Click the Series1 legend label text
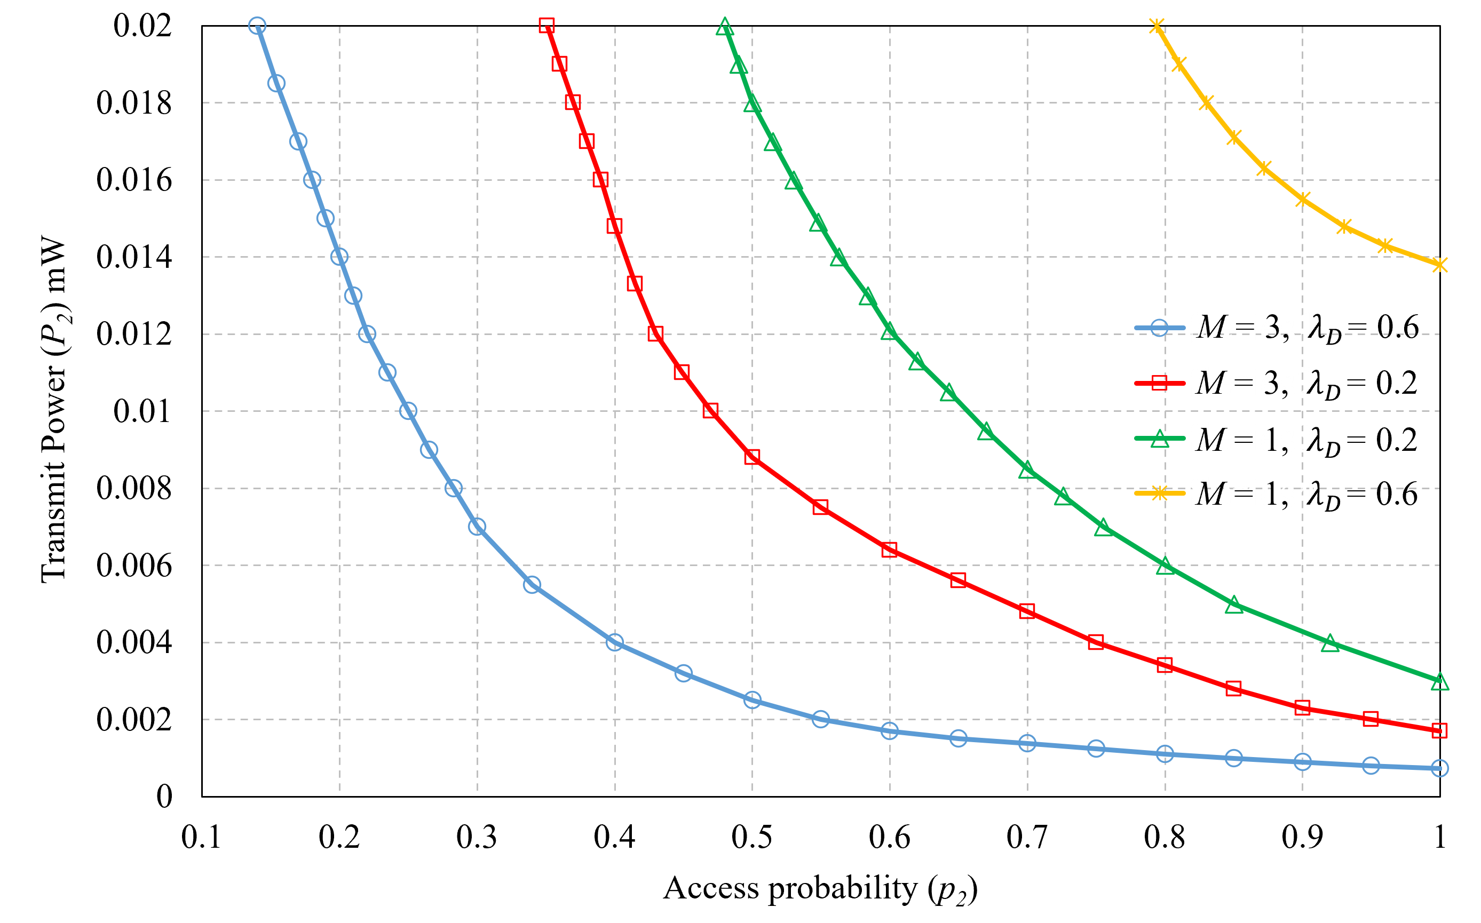1251,329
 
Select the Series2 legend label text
1252,384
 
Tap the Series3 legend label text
1252,439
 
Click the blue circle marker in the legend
1159,329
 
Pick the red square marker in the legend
1159,384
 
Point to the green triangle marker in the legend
1159,439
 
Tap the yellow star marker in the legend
1159,492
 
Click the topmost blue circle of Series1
257,26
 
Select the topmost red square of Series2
547,26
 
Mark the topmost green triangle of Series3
725,27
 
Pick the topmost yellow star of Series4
1156,26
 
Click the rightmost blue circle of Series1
1439,768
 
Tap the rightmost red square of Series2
1439,730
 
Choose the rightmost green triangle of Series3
1439,682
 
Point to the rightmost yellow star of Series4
1439,264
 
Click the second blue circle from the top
276,83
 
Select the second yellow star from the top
1179,63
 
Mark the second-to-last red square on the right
1371,719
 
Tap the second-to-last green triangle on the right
1329,643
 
